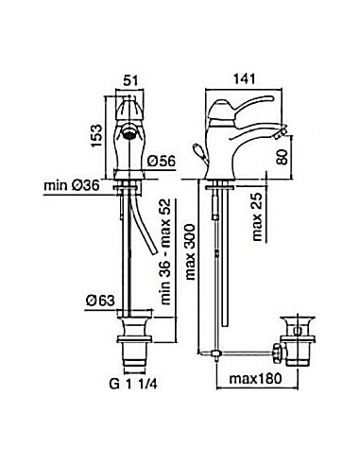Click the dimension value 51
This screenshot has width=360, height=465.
(130, 80)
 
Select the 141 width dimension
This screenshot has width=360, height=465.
(245, 78)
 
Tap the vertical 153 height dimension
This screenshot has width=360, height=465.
(96, 135)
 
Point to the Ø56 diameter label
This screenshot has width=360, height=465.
(162, 162)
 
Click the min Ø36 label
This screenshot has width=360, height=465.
(72, 185)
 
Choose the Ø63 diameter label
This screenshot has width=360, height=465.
(100, 301)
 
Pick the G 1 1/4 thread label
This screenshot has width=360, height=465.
(133, 384)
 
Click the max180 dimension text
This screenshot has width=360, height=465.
(255, 378)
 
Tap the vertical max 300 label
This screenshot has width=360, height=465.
(191, 252)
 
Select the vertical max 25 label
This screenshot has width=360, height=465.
(257, 216)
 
